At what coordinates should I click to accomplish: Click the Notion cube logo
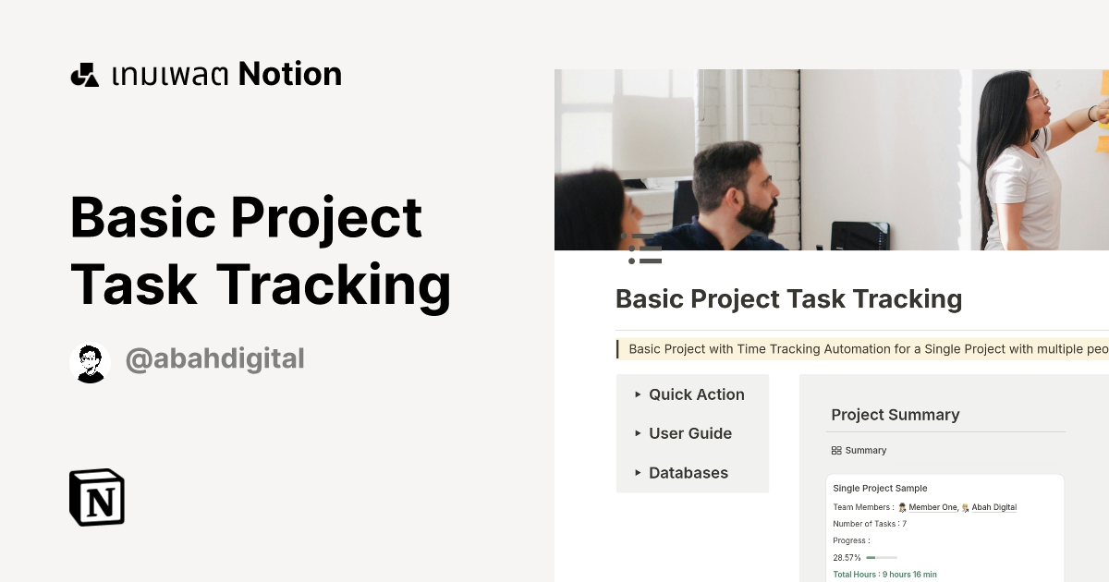pos(97,497)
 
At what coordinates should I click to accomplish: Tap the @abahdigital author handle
pos(214,358)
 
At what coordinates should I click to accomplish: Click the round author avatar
pos(90,362)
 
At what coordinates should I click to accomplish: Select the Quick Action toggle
pos(696,394)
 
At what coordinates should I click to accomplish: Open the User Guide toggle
pos(689,433)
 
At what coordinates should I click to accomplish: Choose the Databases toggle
pos(688,473)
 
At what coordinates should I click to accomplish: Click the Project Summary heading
pos(895,415)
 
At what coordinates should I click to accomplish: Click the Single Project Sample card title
pos(880,488)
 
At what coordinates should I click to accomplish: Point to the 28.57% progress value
pos(847,558)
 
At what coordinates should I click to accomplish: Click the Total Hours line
pos(884,574)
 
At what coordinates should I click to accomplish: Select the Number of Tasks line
pos(870,524)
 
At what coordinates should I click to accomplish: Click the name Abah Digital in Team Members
pos(993,507)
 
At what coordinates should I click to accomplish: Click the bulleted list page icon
pos(645,249)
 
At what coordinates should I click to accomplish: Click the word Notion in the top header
pos(290,74)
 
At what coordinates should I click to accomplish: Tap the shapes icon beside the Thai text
pos(84,75)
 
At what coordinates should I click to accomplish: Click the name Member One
pos(932,507)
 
